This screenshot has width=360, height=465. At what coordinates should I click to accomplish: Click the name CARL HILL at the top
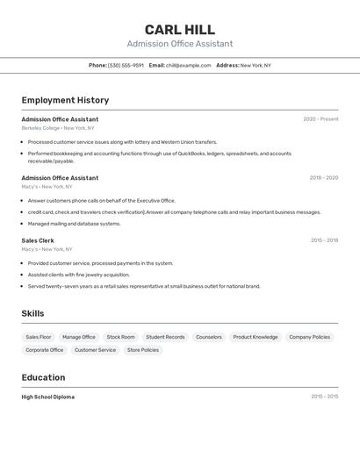179,29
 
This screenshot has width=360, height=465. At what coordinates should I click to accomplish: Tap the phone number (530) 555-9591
126,65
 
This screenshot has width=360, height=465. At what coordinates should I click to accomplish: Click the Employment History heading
65,100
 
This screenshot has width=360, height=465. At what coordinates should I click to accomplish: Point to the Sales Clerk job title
38,240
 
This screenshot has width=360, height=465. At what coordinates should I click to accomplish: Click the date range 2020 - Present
320,119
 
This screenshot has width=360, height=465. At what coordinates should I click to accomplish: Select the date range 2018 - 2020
323,178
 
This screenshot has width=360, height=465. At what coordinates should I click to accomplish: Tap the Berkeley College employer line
58,128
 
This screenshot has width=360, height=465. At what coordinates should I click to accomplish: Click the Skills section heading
32,313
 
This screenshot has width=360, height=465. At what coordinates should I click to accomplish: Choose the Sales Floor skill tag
39,337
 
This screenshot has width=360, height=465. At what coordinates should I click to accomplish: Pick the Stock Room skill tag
121,337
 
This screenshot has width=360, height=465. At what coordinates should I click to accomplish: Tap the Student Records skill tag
165,337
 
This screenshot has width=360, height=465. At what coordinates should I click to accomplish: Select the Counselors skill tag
209,337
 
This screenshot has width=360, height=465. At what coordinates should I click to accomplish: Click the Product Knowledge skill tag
256,337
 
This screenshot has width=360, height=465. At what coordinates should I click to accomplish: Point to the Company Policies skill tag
310,337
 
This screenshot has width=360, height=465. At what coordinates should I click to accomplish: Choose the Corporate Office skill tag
45,350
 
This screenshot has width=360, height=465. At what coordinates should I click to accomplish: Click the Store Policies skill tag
143,350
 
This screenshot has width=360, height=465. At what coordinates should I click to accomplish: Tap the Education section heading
43,377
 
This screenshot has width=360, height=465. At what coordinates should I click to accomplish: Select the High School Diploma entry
48,397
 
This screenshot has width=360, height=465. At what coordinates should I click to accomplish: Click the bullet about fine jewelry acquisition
78,275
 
